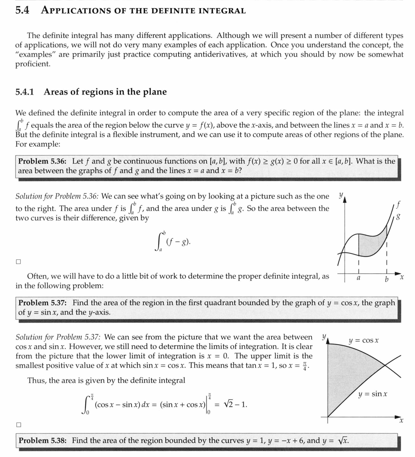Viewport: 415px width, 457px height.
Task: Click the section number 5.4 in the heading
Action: click(22, 10)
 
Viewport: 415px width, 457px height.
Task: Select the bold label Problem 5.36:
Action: click(42, 161)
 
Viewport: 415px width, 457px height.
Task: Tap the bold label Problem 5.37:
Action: click(42, 303)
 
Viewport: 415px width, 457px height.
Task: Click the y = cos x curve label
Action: click(364, 340)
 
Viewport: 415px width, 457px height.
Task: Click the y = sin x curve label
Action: click(373, 394)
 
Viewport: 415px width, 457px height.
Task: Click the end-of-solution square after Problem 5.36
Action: click(18, 262)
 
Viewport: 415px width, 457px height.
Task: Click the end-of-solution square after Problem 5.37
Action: click(18, 425)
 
